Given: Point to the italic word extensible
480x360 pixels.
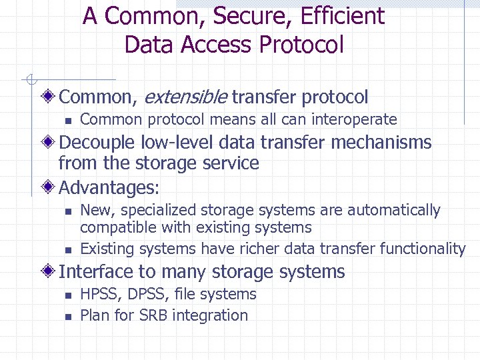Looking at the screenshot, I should click(x=185, y=97).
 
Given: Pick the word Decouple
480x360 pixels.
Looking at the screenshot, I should click(x=98, y=143).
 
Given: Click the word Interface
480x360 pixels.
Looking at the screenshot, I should click(x=97, y=272).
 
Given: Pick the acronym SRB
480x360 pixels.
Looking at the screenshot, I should click(x=153, y=315).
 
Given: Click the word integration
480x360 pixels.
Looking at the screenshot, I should click(x=210, y=315).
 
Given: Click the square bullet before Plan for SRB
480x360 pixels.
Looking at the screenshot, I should click(x=67, y=317).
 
